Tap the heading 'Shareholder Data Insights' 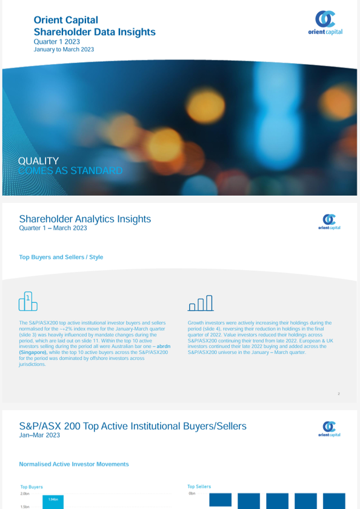[x=95, y=32]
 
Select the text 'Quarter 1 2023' [x=56, y=42]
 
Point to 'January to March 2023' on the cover [x=64, y=49]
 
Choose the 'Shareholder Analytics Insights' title [x=85, y=219]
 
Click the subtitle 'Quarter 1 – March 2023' [x=53, y=228]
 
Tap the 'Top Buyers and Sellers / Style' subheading [x=61, y=257]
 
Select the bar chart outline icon [x=200, y=302]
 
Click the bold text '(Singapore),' [x=35, y=351]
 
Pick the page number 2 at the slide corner [x=339, y=394]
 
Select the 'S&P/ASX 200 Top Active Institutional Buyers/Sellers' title [x=133, y=426]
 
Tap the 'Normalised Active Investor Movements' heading [x=74, y=464]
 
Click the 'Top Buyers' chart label [x=32, y=487]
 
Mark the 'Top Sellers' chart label [x=199, y=486]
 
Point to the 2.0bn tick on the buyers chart [x=25, y=493]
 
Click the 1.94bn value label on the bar [x=54, y=499]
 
